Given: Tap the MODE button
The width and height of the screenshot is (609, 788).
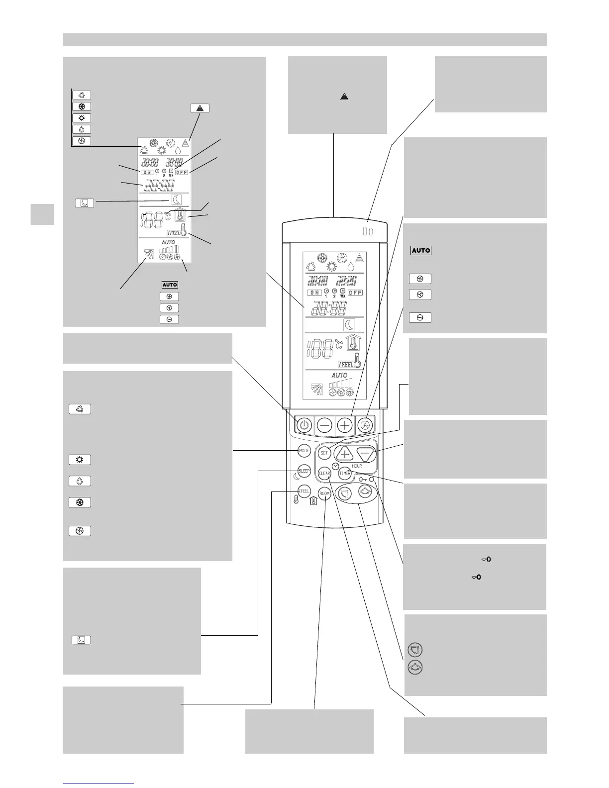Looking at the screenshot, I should click(x=304, y=451).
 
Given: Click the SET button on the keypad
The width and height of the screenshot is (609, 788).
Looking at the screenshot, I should click(x=324, y=453).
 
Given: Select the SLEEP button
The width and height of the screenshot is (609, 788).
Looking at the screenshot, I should click(x=304, y=471).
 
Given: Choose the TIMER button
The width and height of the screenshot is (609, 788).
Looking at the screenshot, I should click(x=345, y=474).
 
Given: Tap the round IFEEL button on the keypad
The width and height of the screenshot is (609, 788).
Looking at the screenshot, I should click(x=304, y=491).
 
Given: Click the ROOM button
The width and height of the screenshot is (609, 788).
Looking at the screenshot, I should click(x=324, y=493).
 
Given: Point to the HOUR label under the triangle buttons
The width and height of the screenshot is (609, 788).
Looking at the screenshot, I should click(x=356, y=466).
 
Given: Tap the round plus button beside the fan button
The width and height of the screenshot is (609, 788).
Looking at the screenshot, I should click(x=345, y=425).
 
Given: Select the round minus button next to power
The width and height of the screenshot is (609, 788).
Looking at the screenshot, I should click(x=324, y=425).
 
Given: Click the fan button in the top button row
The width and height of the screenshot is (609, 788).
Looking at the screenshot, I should click(x=365, y=425).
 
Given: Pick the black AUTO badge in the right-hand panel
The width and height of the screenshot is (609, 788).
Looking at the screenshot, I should click(x=421, y=250).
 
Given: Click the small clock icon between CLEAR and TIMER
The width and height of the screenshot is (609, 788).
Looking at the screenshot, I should click(x=335, y=466).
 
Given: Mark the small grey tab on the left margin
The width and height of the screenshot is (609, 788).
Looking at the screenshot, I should click(x=42, y=214).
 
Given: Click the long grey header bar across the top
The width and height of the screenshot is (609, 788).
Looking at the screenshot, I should click(x=304, y=40).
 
